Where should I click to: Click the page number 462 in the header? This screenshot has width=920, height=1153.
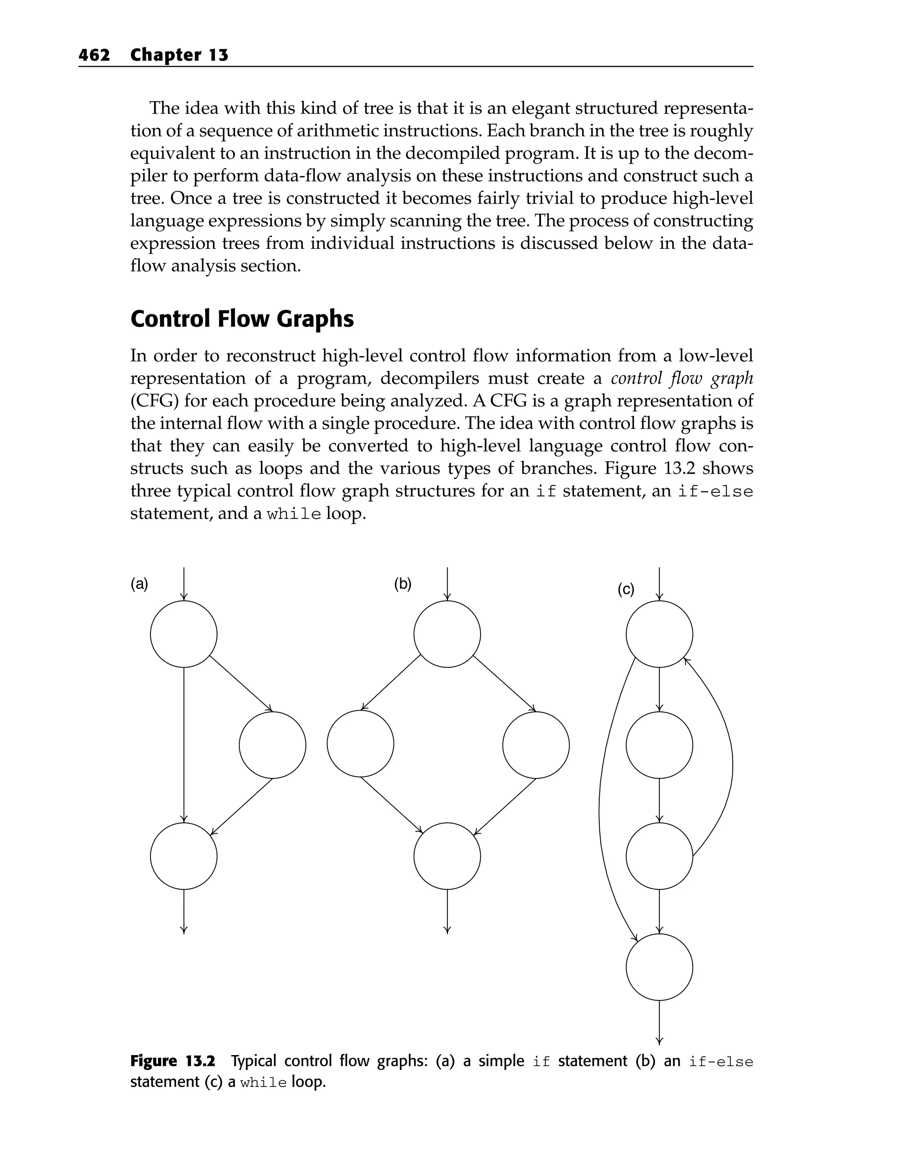94,55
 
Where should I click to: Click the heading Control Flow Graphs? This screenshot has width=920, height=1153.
242,319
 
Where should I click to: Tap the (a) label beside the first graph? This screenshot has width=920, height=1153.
139,584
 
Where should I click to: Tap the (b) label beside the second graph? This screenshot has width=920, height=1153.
403,584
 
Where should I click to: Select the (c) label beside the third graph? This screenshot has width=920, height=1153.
626,589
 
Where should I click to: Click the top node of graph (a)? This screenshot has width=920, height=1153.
183,634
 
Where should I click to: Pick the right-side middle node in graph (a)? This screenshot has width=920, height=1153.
272,745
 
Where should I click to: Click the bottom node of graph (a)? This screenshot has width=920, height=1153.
183,856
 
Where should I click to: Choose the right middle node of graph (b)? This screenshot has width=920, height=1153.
536,745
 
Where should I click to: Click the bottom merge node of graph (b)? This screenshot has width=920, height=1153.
447,856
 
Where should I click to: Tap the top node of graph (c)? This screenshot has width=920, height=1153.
659,634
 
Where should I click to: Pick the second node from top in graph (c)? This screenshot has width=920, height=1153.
659,745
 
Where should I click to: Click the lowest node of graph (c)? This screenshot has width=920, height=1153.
659,967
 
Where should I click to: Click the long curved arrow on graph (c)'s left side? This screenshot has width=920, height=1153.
600,802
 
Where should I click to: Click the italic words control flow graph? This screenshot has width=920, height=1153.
681,379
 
